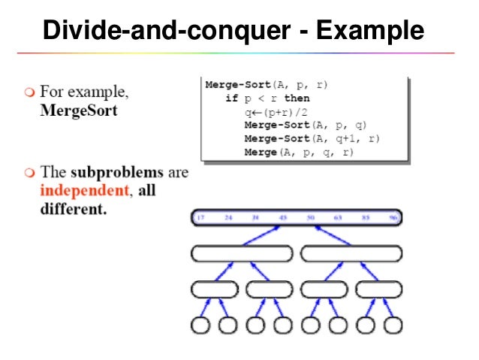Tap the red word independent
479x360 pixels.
point(84,190)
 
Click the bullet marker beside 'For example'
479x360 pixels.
point(29,93)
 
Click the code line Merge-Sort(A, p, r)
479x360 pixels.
point(267,86)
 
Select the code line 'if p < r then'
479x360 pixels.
point(267,98)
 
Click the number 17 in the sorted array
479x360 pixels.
point(200,218)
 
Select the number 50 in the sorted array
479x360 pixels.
point(311,218)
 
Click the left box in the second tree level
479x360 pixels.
point(241,253)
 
